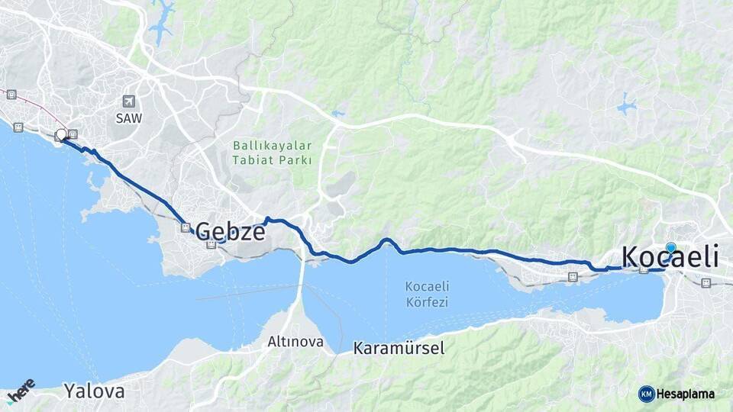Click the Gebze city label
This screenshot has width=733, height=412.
pyautogui.click(x=231, y=230)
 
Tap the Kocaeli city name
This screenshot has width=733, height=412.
pyautogui.click(x=670, y=256)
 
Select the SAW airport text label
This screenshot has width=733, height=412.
pyautogui.click(x=128, y=118)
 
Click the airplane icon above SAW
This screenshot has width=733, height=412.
pyautogui.click(x=128, y=101)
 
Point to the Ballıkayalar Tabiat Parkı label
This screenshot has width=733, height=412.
pyautogui.click(x=273, y=152)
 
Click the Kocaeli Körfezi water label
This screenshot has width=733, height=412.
pyautogui.click(x=427, y=294)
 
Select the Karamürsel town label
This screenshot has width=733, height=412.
pyautogui.click(x=398, y=348)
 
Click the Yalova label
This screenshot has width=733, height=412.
pyautogui.click(x=94, y=391)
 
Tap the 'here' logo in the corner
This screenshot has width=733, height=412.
pyautogui.click(x=21, y=391)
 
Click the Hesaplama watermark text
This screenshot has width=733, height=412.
pyautogui.click(x=685, y=394)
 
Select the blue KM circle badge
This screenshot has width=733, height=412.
pyautogui.click(x=646, y=394)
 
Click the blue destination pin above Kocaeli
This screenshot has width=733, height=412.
pyautogui.click(x=670, y=249)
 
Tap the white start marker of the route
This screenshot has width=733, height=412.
pyautogui.click(x=61, y=135)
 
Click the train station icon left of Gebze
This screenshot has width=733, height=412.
pyautogui.click(x=185, y=227)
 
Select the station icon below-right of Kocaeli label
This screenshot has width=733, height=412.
pyautogui.click(x=706, y=283)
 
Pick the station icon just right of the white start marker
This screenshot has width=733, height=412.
pyautogui.click(x=73, y=134)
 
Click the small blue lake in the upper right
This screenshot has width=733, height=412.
pyautogui.click(x=626, y=106)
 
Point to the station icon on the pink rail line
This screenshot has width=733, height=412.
pyautogui.click(x=11, y=95)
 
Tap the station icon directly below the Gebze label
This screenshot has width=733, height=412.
pyautogui.click(x=211, y=244)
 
